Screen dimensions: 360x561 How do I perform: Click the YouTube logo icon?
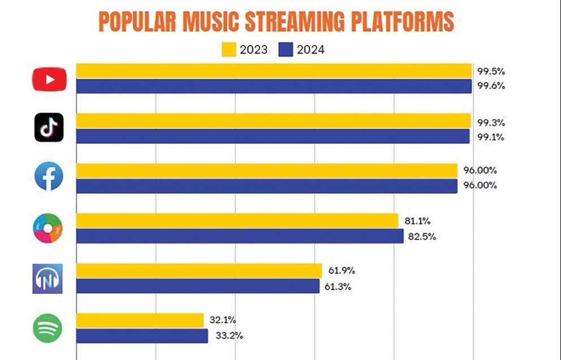[x=50, y=79]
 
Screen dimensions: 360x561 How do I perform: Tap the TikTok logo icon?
[x=49, y=128]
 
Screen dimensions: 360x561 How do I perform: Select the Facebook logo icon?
[x=49, y=177]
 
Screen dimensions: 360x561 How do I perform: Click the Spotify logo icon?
[x=48, y=328]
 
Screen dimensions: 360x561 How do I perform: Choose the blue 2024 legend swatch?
[x=286, y=50]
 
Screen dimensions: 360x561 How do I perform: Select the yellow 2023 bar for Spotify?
[x=140, y=320]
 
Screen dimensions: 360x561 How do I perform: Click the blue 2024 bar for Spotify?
[x=142, y=336]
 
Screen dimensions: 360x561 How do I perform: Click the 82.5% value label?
[x=422, y=237]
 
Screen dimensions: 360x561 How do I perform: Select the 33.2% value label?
[x=229, y=336]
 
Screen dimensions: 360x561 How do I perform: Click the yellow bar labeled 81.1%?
[x=237, y=220]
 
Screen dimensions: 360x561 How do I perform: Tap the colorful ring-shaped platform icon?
[x=48, y=228]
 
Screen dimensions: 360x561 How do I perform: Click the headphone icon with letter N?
[x=48, y=279]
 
